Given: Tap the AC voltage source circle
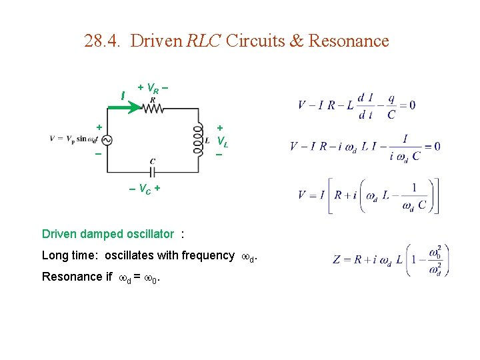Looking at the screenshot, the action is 106,139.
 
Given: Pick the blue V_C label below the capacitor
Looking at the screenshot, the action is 145,189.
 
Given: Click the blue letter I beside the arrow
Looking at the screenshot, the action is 122,97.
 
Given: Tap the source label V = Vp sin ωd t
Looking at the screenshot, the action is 73,139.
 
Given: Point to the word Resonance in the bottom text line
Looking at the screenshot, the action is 68,277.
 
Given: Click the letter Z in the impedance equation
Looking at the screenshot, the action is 337,259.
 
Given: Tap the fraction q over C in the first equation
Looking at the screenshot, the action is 391,105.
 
